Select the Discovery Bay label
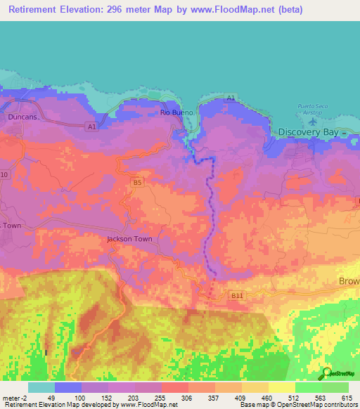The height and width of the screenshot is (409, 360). click(309, 132)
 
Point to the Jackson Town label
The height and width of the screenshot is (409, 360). click(129, 239)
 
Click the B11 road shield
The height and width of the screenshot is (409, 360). click(237, 297)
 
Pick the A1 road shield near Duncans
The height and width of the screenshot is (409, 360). click(91, 126)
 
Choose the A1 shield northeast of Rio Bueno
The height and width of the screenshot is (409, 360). click(231, 103)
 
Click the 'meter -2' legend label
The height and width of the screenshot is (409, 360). click(14, 398)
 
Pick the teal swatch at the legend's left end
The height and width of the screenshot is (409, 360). click(41, 387)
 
